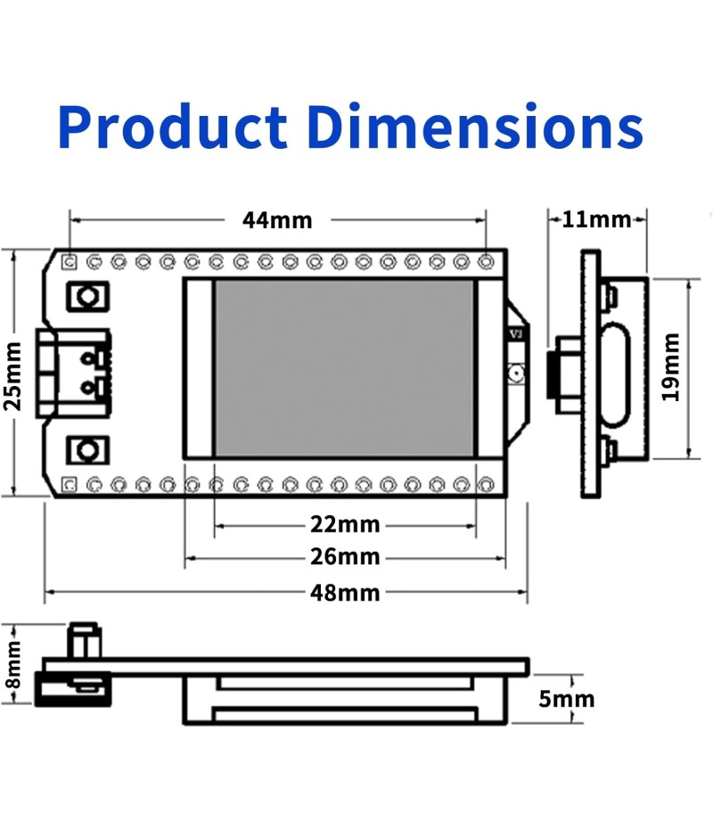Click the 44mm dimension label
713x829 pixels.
(x=277, y=220)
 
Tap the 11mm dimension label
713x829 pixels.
(x=596, y=219)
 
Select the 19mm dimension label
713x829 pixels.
(x=671, y=367)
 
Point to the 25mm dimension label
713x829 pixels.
(x=12, y=376)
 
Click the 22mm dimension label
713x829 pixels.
(x=345, y=524)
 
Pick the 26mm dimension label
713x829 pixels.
(x=345, y=557)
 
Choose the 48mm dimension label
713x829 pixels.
(x=345, y=593)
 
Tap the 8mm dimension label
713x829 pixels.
(x=12, y=664)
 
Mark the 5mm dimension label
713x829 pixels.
(x=566, y=699)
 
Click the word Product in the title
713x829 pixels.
(x=173, y=127)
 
